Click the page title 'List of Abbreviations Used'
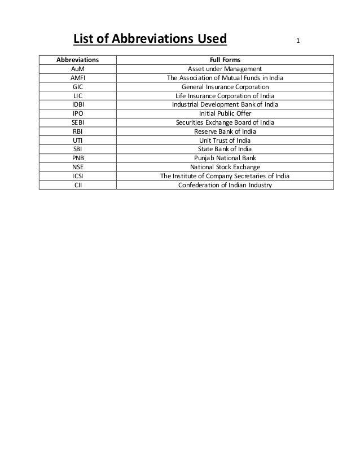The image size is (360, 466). pyautogui.click(x=150, y=39)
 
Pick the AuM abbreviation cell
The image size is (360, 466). pyautogui.click(x=77, y=69)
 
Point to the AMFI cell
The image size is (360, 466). pyautogui.click(x=77, y=78)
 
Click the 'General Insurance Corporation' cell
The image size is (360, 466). pyautogui.click(x=225, y=87)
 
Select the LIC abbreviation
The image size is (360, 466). pyautogui.click(x=77, y=96)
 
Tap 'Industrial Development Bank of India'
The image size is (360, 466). pyautogui.click(x=225, y=104)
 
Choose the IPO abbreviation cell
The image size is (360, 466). pyautogui.click(x=77, y=113)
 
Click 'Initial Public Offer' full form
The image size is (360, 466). pyautogui.click(x=225, y=113)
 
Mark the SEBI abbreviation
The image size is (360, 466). pyautogui.click(x=77, y=122)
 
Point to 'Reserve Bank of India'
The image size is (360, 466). pyautogui.click(x=225, y=131)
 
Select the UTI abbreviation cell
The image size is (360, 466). pyautogui.click(x=77, y=140)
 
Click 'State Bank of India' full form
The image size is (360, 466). pyautogui.click(x=225, y=149)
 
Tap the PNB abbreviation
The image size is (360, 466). pyautogui.click(x=77, y=158)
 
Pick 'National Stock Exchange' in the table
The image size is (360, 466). pyautogui.click(x=225, y=167)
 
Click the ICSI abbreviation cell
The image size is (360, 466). pyautogui.click(x=77, y=176)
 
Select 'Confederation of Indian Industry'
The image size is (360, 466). pyautogui.click(x=225, y=184)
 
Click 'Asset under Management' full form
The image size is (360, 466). pyautogui.click(x=225, y=69)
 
